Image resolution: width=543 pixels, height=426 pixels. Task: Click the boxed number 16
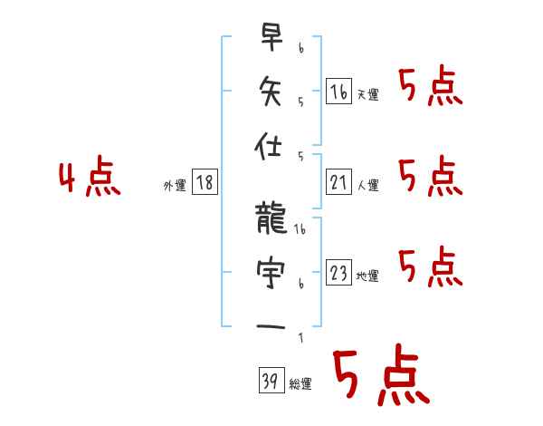click(338, 91)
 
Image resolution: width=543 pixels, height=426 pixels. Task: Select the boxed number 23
click(338, 273)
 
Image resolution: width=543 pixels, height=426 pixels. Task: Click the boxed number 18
click(205, 182)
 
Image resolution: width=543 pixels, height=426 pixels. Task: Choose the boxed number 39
click(271, 381)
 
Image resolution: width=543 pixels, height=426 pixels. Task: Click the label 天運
click(368, 94)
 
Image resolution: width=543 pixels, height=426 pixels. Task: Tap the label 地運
click(368, 276)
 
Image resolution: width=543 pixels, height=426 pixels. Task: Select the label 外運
click(175, 185)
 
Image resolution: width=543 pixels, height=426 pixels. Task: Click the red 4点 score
click(90, 179)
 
